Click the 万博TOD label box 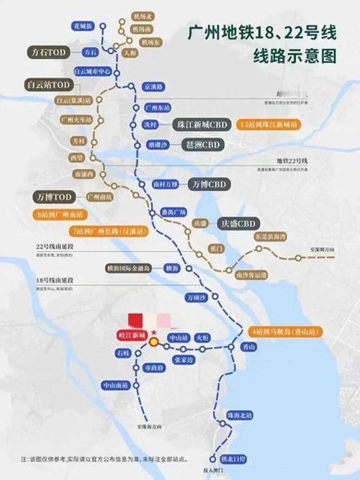click(54, 196)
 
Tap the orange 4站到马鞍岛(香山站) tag click(285, 332)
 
